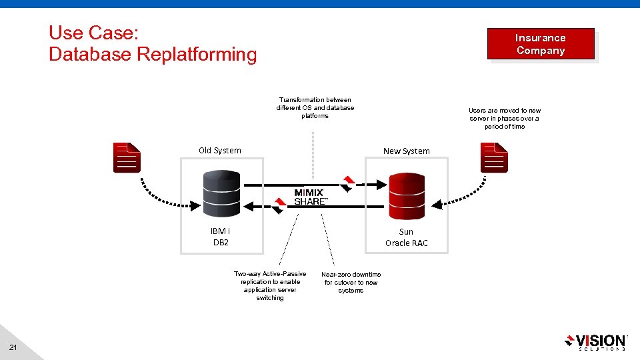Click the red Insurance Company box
[x=540, y=44]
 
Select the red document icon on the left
[x=127, y=158]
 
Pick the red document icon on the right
[x=494, y=158]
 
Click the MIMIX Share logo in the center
[x=310, y=197]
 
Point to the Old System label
[x=220, y=151]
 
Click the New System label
[x=407, y=151]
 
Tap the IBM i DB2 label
[x=221, y=237]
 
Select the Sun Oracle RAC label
[x=407, y=237]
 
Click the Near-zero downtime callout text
[x=351, y=283]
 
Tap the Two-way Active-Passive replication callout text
[x=270, y=286]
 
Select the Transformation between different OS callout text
[x=315, y=108]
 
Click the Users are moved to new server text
[x=505, y=119]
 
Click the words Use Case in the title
[x=93, y=33]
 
